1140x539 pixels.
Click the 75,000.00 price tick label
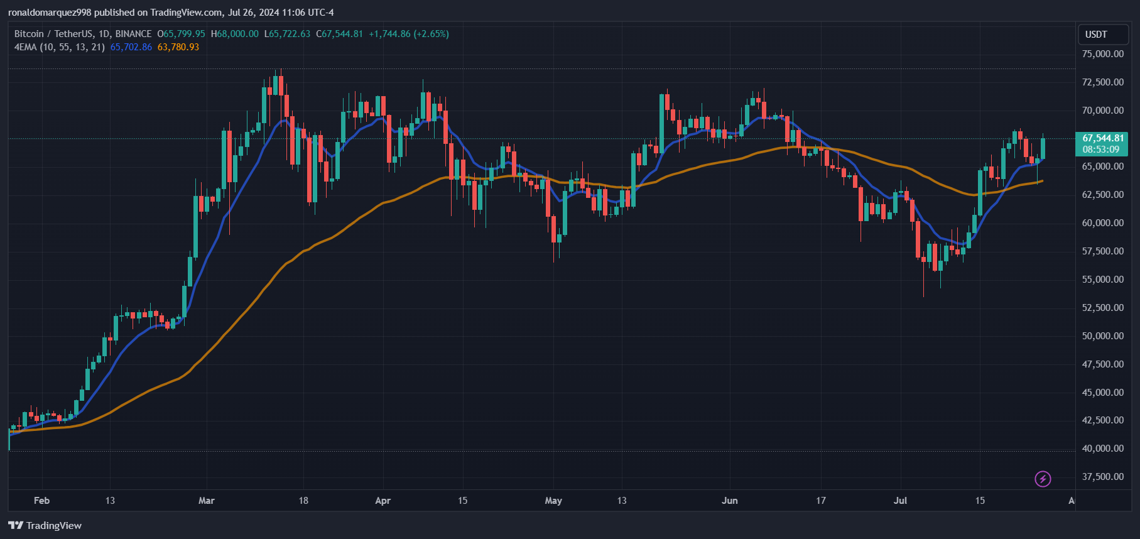(x=1102, y=54)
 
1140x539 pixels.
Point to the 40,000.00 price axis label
(x=1102, y=449)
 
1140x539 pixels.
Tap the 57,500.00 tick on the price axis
(x=1102, y=251)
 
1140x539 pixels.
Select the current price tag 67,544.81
(x=1103, y=138)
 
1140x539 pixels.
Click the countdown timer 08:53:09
(x=1100, y=150)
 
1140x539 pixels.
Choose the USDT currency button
(x=1096, y=35)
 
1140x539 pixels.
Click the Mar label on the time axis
(x=206, y=501)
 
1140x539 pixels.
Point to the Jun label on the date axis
(x=729, y=501)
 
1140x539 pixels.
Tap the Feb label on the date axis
(x=41, y=501)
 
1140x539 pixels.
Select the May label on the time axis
(x=553, y=501)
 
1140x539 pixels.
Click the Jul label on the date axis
(x=900, y=501)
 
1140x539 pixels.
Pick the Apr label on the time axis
(x=383, y=501)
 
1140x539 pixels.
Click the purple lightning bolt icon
(x=1043, y=479)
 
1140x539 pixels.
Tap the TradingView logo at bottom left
(x=45, y=525)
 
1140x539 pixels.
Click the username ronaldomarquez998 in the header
(x=50, y=13)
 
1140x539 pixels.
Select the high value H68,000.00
(x=234, y=34)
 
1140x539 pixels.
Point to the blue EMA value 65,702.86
(x=131, y=47)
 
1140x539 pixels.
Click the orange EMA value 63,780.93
(x=178, y=47)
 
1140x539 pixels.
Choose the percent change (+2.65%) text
(x=431, y=34)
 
